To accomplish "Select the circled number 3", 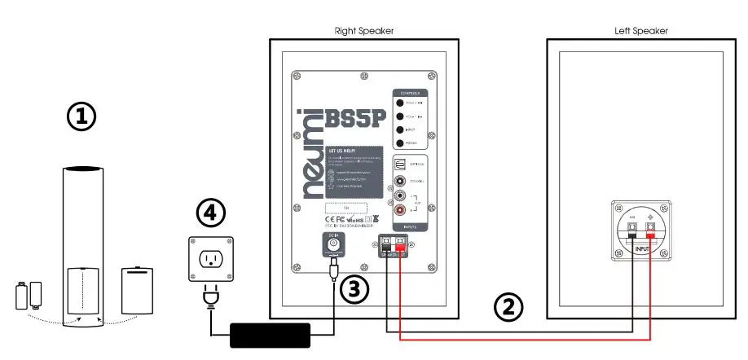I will pyautogui.click(x=354, y=289).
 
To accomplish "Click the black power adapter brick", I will pyautogui.click(x=270, y=334).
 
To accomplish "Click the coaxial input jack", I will pyautogui.click(x=400, y=182).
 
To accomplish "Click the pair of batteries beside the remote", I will pyautogui.click(x=30, y=294).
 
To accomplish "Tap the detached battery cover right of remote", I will pyautogui.click(x=137, y=289).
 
